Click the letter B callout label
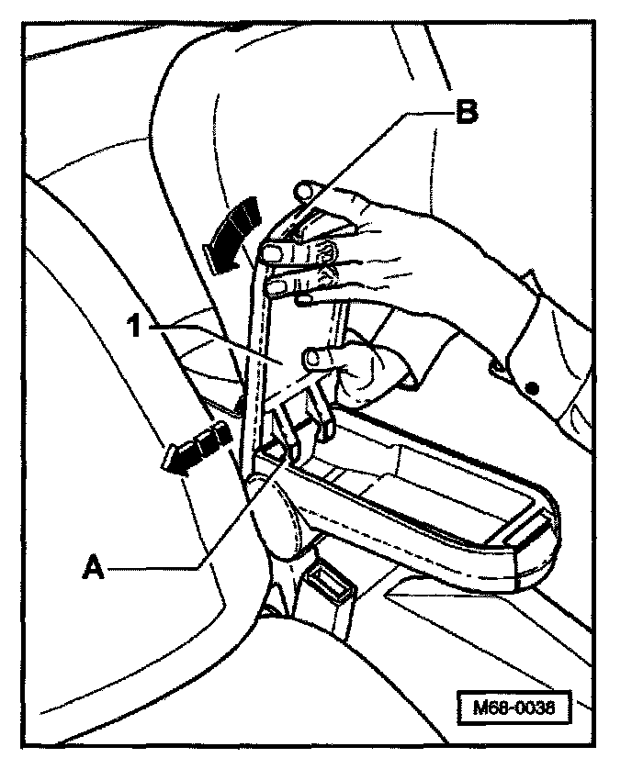point(467,114)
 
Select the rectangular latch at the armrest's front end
point(526,531)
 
